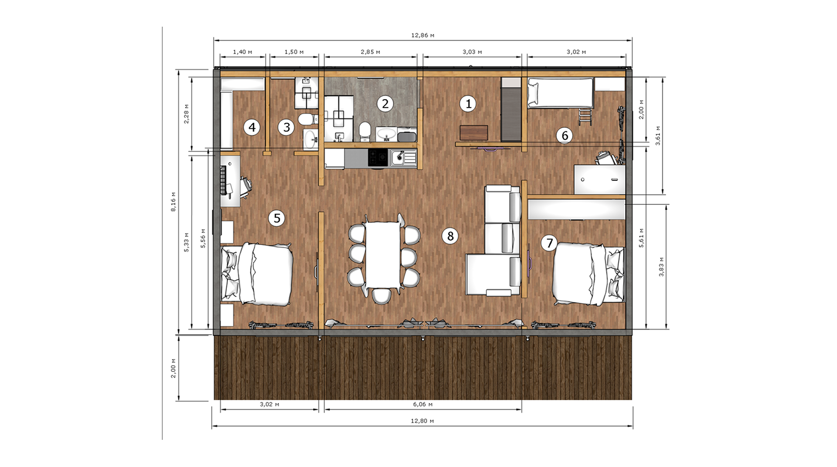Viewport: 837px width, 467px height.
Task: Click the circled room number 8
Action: point(450,236)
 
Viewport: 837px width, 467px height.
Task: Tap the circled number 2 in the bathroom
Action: point(385,104)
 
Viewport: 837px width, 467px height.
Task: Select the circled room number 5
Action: point(277,218)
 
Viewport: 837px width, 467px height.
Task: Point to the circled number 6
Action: point(564,135)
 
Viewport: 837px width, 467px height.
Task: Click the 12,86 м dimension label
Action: point(423,36)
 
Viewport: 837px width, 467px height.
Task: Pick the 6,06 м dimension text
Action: point(423,404)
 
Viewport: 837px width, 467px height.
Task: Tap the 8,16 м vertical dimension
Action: point(174,202)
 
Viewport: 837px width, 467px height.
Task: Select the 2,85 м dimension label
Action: point(370,52)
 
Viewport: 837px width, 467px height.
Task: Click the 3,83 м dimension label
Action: point(661,267)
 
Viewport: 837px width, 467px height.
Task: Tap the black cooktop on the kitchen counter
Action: point(378,158)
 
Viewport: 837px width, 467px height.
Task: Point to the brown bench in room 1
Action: point(474,133)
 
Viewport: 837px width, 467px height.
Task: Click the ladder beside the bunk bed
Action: point(585,117)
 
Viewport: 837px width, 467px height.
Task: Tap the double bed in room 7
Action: point(588,274)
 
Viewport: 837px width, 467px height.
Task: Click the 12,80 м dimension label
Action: point(422,421)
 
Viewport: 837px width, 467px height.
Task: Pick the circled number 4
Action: point(252,127)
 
